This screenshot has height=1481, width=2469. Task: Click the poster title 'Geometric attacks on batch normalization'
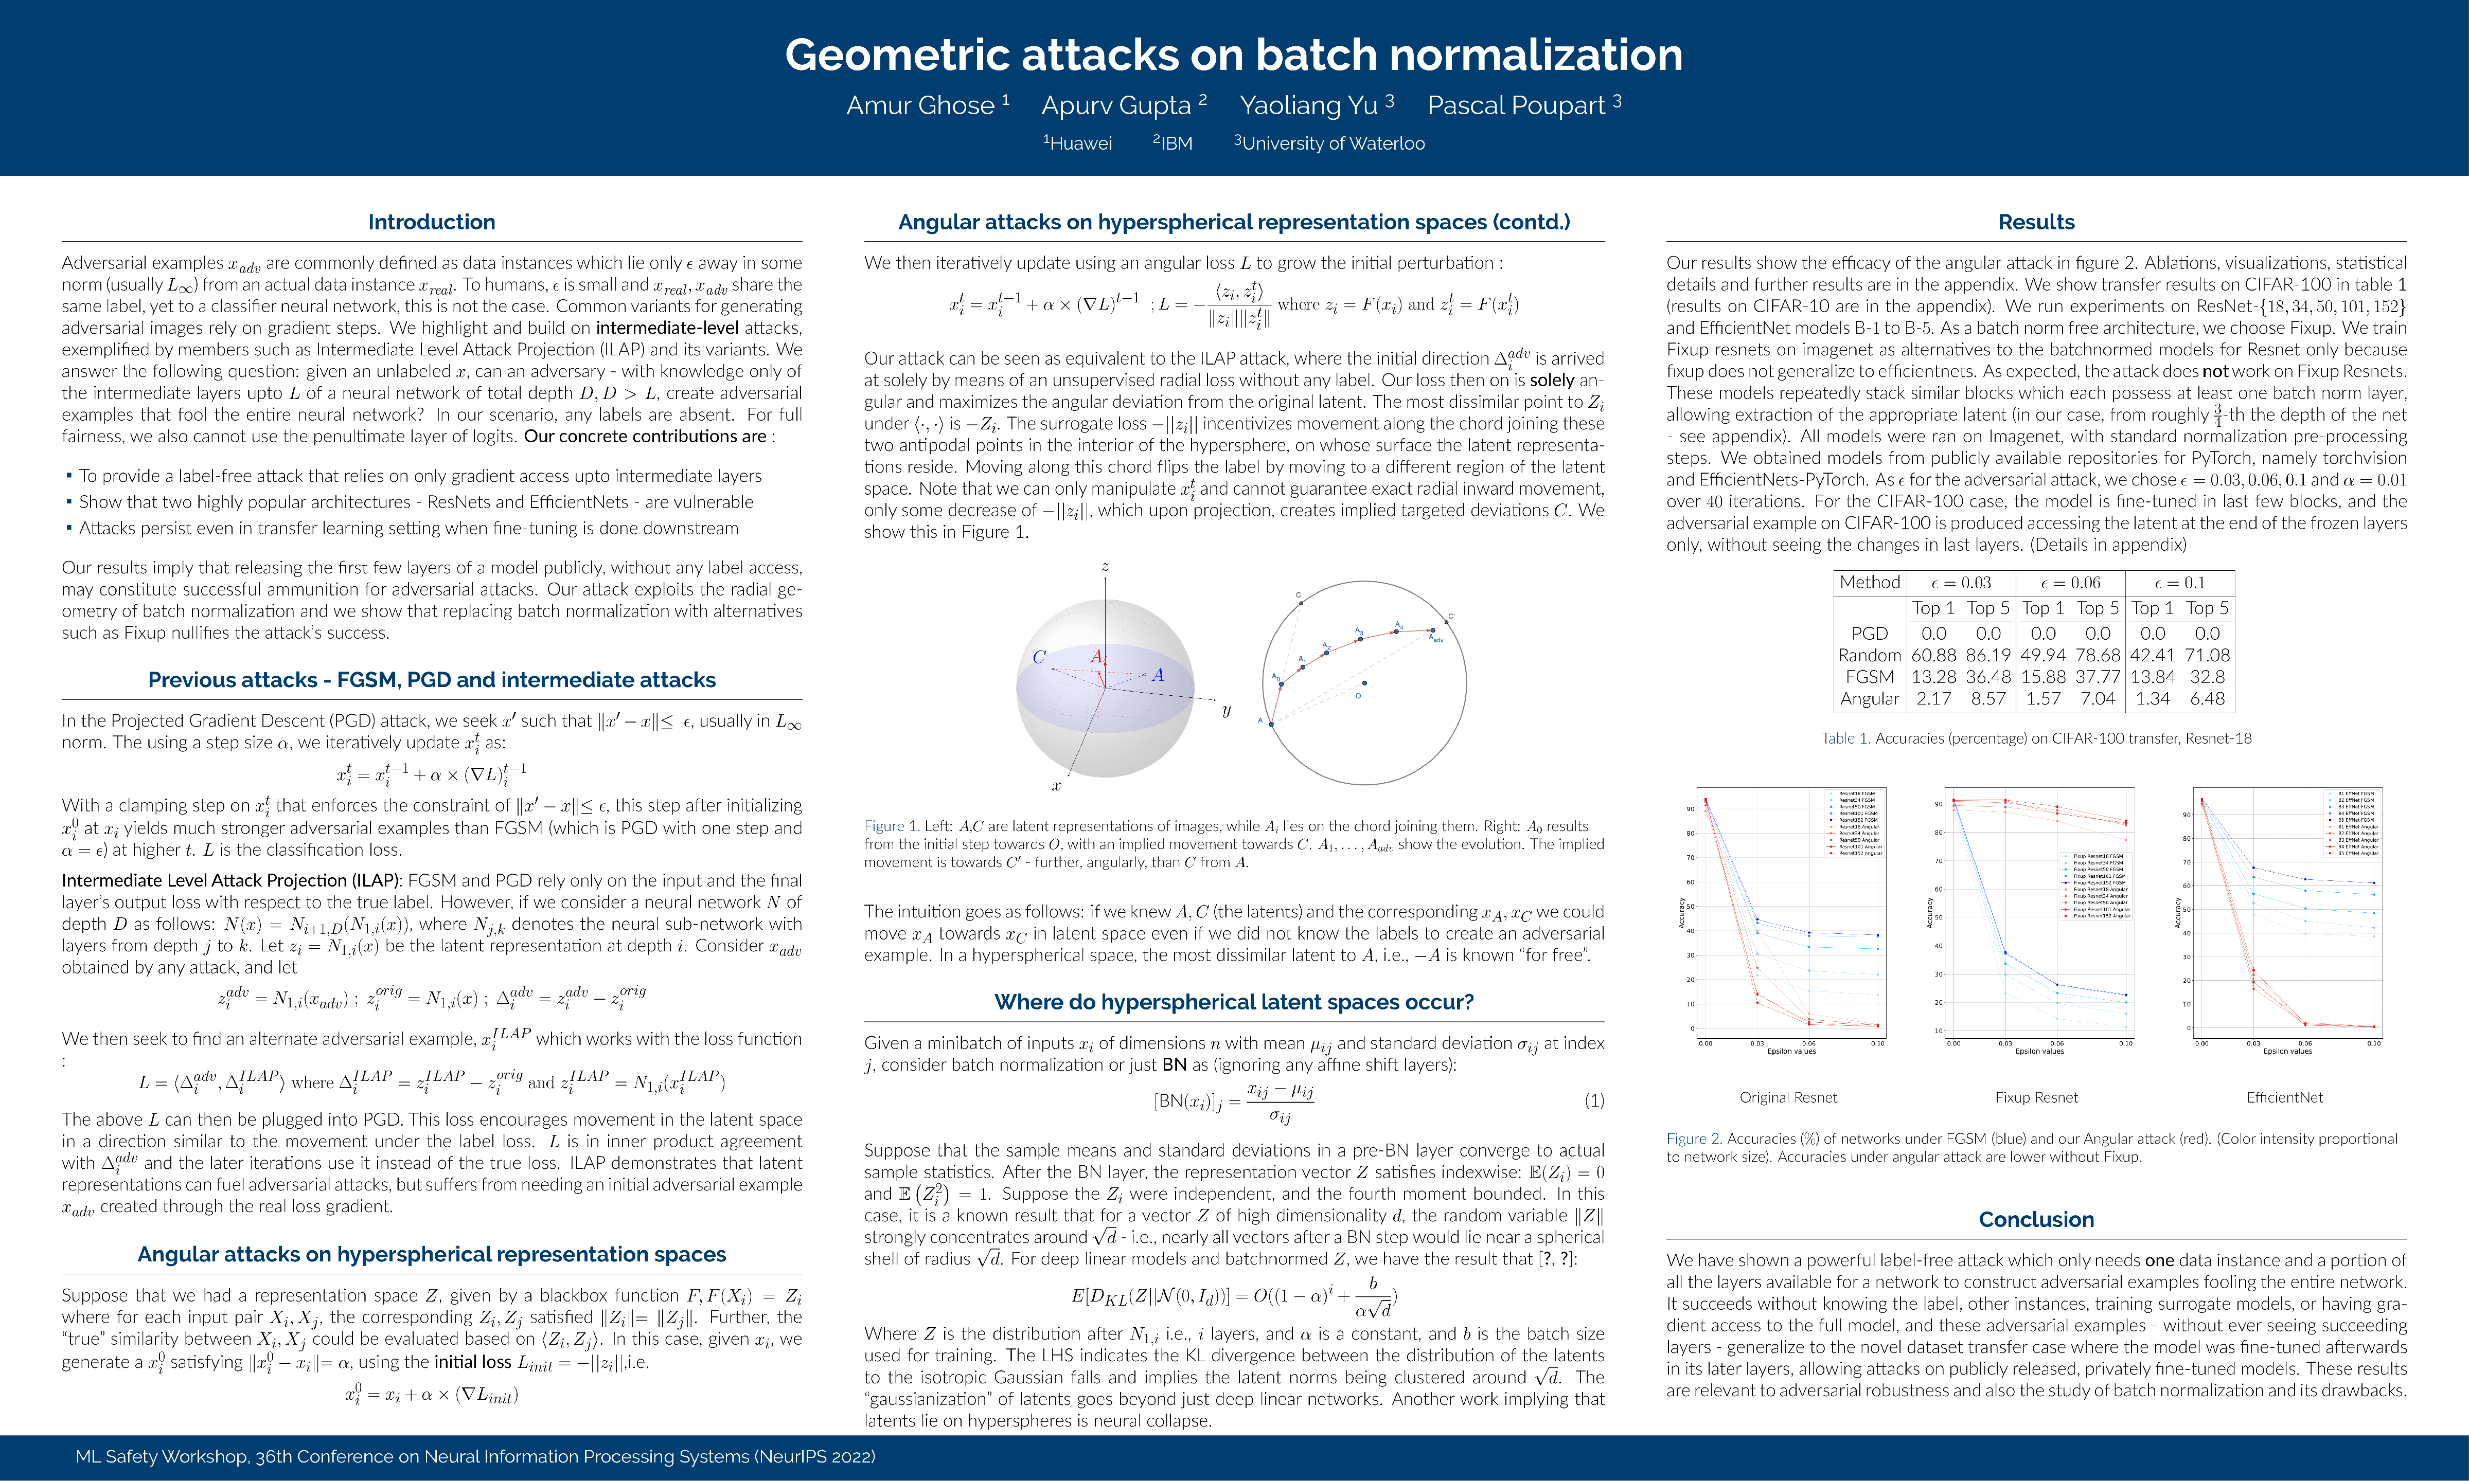(1233, 55)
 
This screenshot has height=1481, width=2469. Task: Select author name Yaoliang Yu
(1308, 106)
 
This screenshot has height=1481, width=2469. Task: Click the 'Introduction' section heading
(431, 222)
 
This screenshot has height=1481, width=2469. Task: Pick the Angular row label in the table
(1869, 698)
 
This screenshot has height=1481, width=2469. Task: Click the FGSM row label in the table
(1869, 677)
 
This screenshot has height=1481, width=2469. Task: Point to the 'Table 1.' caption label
(1844, 738)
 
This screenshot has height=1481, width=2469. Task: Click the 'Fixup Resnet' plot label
(2036, 1097)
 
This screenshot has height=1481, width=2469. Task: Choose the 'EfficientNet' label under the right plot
(2284, 1097)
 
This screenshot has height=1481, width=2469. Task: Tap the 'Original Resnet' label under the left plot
(1788, 1097)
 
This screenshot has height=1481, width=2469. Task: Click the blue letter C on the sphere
(1038, 658)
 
